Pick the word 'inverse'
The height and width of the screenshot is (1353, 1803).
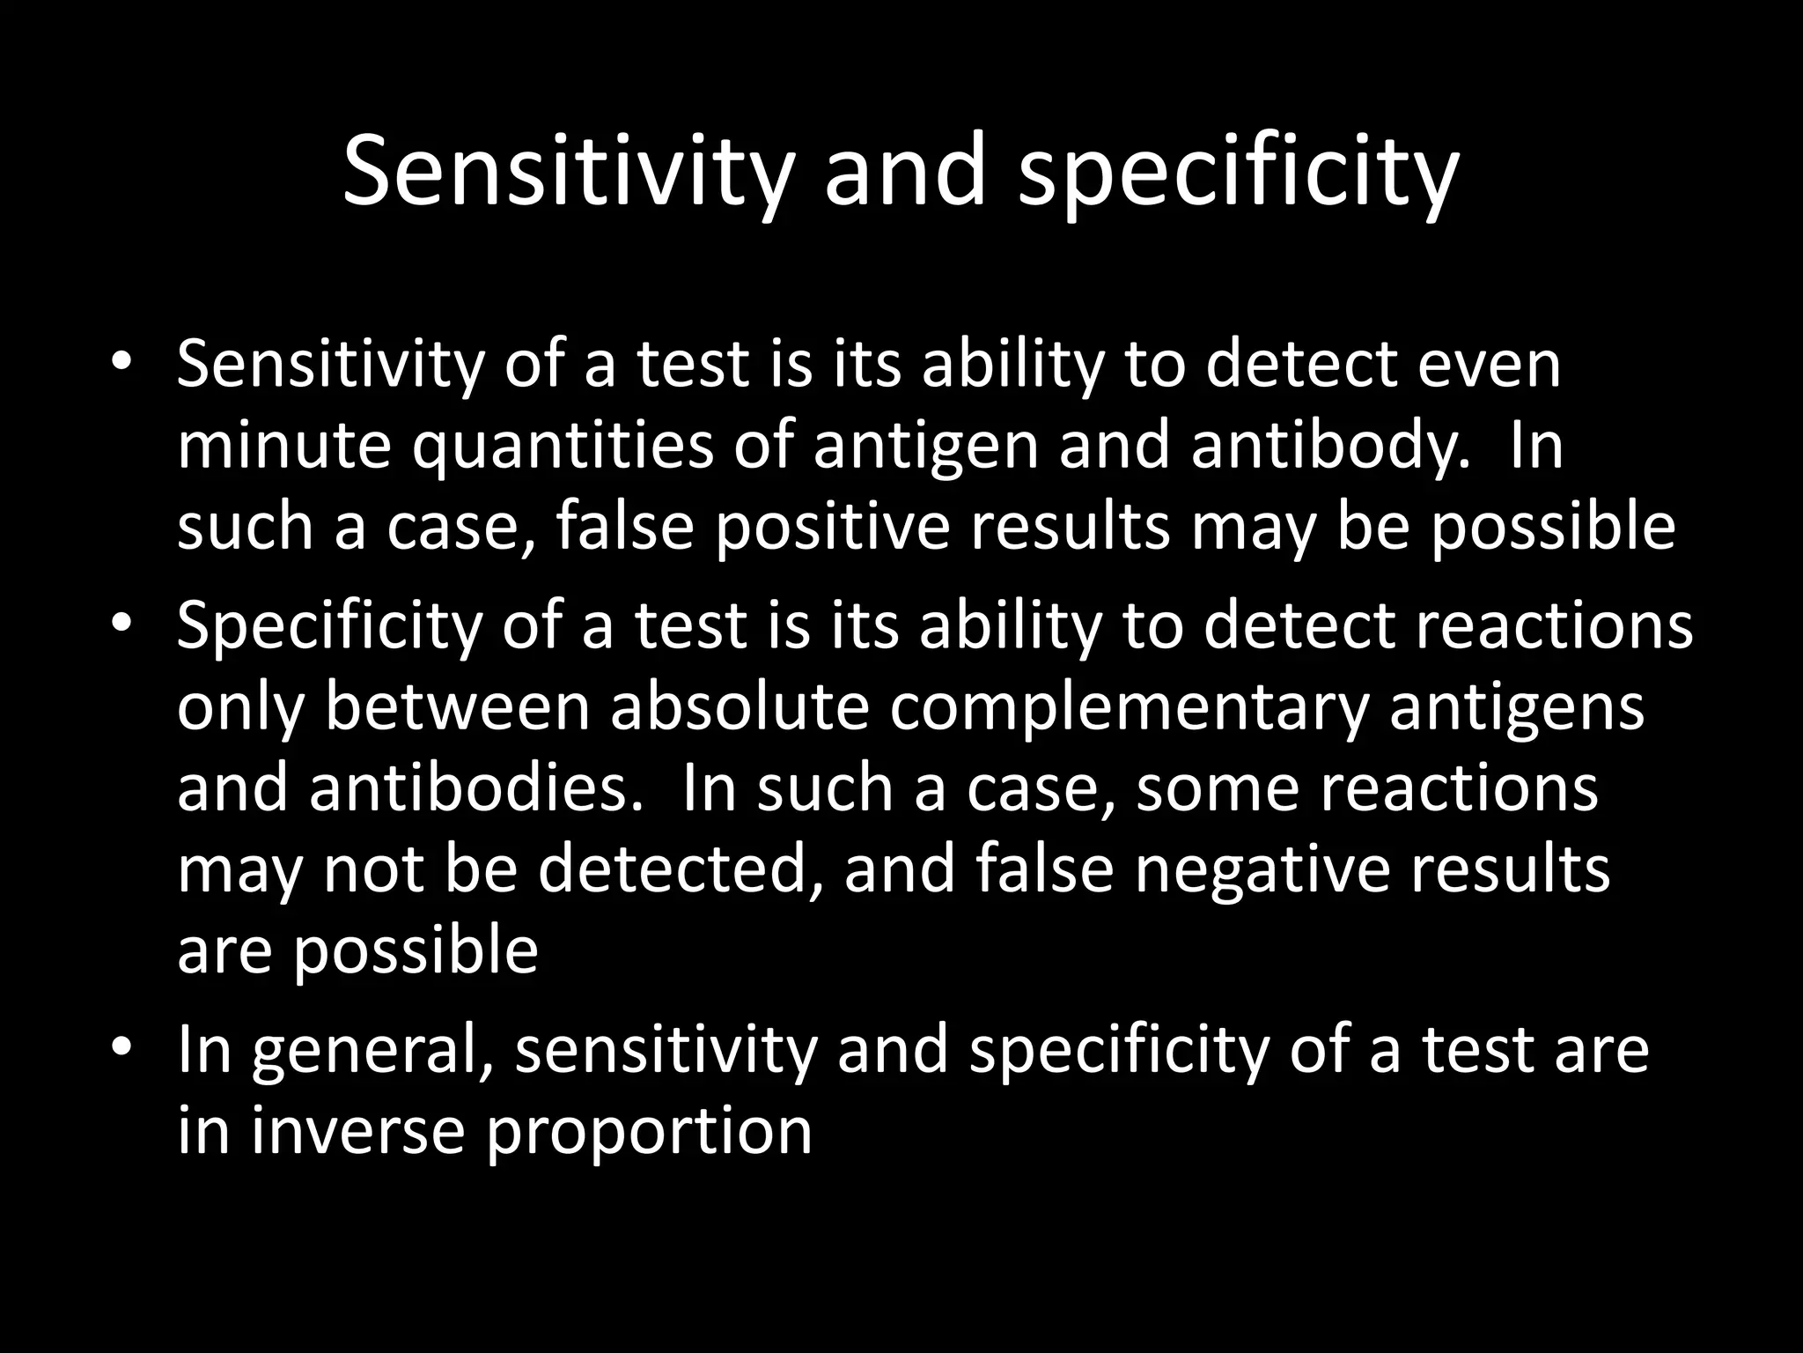coord(357,1131)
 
